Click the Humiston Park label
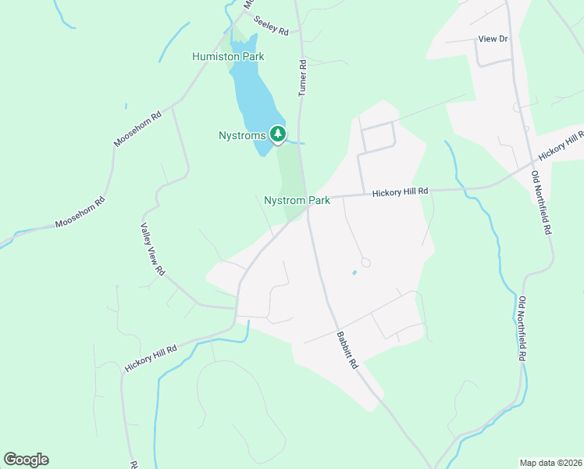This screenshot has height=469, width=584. tap(228, 56)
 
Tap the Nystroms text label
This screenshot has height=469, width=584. tap(243, 135)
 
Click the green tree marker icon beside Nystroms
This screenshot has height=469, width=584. tap(277, 134)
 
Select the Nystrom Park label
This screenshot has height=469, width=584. tap(297, 201)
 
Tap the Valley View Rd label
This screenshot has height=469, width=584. tap(152, 249)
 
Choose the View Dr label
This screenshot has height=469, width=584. tap(493, 38)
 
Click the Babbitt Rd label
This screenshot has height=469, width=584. tap(347, 351)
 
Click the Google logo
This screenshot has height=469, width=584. tap(26, 460)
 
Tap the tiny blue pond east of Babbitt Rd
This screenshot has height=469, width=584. tap(354, 272)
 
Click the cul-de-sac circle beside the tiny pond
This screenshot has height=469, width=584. tap(365, 263)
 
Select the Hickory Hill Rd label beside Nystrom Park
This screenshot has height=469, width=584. tap(401, 192)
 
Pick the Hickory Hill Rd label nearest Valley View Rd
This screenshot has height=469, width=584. tap(151, 358)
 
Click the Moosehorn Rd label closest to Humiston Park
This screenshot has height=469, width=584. tap(137, 128)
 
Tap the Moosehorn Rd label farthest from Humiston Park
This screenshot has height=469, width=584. tap(80, 213)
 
